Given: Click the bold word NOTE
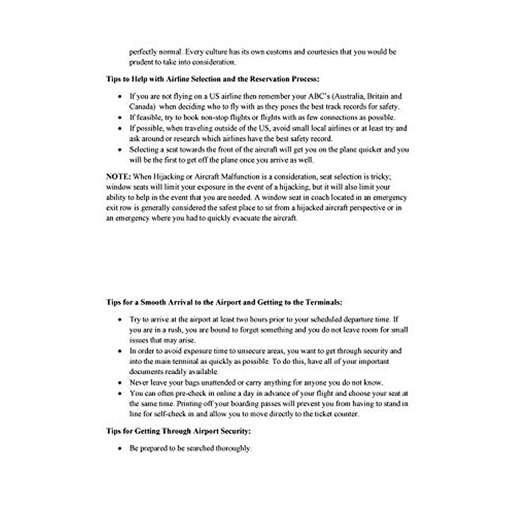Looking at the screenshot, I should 118,177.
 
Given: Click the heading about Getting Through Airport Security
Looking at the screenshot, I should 178,431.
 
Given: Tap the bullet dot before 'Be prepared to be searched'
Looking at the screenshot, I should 120,448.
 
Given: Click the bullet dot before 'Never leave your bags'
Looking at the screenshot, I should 120,383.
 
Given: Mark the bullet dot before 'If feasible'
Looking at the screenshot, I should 120,118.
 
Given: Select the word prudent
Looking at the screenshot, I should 139,62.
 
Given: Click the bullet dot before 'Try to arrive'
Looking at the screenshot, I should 120,320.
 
